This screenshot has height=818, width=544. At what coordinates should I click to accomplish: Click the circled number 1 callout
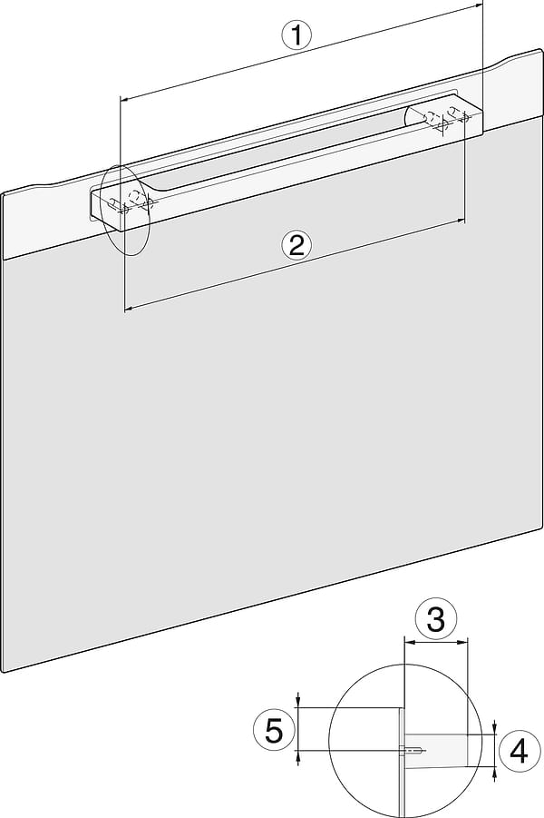(x=296, y=36)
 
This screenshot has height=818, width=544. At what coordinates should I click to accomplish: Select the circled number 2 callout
(x=296, y=245)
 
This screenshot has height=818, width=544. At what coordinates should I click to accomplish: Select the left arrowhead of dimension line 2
(x=128, y=310)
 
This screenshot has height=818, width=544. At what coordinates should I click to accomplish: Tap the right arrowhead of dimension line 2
(x=461, y=220)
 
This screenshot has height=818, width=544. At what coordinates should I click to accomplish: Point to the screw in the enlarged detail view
(x=413, y=750)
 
